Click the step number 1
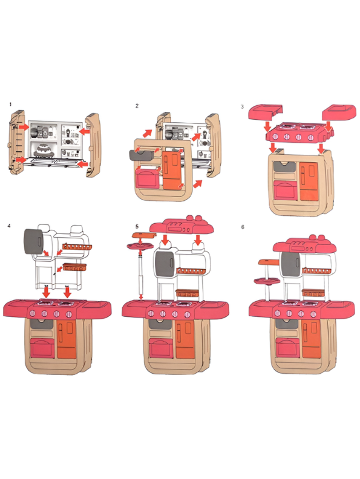click(x=10, y=105)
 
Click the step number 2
click(x=137, y=106)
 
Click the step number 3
click(x=243, y=106)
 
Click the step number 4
click(x=9, y=226)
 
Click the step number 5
click(x=137, y=226)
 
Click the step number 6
click(x=243, y=227)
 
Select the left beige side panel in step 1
click(x=16, y=142)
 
